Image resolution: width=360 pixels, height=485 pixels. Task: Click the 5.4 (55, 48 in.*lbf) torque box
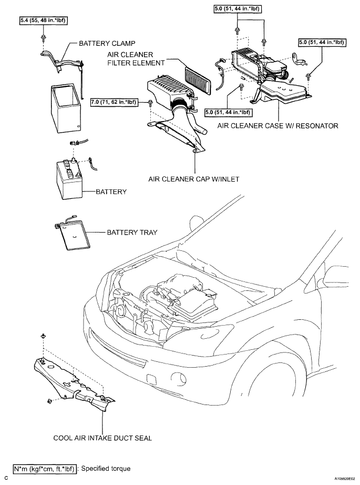pyautogui.click(x=44, y=21)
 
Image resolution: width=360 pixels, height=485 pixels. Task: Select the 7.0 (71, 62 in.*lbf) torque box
pyautogui.click(x=114, y=102)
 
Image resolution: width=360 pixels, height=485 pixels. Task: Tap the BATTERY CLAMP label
pyautogui.click(x=107, y=43)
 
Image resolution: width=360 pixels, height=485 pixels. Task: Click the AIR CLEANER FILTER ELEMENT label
pyautogui.click(x=136, y=59)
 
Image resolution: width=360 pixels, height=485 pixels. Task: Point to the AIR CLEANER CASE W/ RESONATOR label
pyautogui.click(x=278, y=126)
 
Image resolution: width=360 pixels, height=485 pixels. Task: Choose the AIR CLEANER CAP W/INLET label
pyautogui.click(x=194, y=179)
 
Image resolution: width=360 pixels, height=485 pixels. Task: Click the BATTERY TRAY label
pyautogui.click(x=132, y=233)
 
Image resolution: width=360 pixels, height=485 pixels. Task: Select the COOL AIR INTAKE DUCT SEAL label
pyautogui.click(x=102, y=438)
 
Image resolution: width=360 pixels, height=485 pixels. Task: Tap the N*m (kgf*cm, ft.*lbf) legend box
pyautogui.click(x=44, y=469)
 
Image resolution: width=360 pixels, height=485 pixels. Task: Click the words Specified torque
pyautogui.click(x=106, y=469)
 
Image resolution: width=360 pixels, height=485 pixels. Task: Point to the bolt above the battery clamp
pyautogui.click(x=43, y=38)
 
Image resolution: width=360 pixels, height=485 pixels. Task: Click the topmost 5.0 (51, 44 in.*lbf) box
pyautogui.click(x=237, y=9)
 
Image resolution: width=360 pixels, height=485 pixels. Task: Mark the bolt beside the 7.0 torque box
pyautogui.click(x=150, y=103)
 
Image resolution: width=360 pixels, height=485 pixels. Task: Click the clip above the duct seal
pyautogui.click(x=43, y=336)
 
